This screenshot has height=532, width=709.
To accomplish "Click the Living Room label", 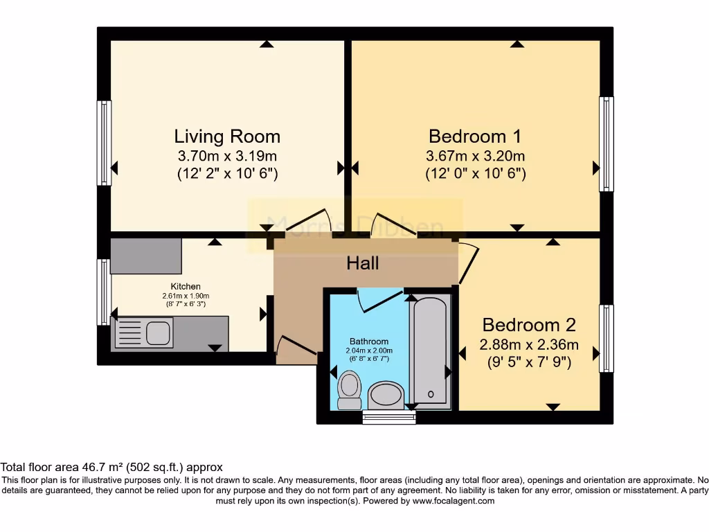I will point(227,136).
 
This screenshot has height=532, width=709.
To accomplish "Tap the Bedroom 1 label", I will point(475,136).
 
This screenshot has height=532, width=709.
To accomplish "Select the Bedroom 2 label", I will point(529,325).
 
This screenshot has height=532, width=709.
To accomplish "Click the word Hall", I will point(363,263).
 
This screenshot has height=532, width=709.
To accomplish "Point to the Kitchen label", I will point(186,286).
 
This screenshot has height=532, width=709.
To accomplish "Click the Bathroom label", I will point(368,342).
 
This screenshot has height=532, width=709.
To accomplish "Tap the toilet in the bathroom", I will point(349,389).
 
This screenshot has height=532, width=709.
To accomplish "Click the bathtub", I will point(430,351).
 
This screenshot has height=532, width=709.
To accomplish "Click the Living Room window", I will point(104,143).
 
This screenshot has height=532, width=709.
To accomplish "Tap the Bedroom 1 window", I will point(606,144).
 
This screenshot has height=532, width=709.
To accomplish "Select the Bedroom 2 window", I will point(606,339).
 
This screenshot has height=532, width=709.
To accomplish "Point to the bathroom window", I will point(385,417).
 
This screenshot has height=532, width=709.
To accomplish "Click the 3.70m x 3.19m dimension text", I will point(227,156).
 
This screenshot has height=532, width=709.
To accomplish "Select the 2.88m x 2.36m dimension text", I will point(529,344).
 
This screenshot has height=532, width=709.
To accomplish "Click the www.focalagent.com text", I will point(453,501).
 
